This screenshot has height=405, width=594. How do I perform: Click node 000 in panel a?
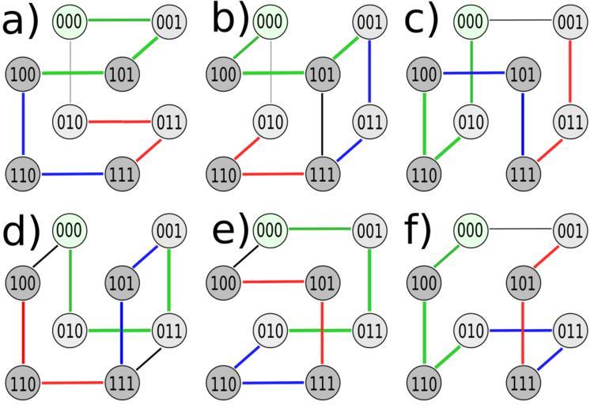click(70, 21)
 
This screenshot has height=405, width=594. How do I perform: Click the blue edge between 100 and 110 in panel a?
click(23, 123)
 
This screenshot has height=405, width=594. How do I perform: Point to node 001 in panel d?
click(168, 230)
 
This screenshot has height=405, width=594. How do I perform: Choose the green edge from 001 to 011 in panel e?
click(369, 279)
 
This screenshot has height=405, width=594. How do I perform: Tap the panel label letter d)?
click(21, 230)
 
